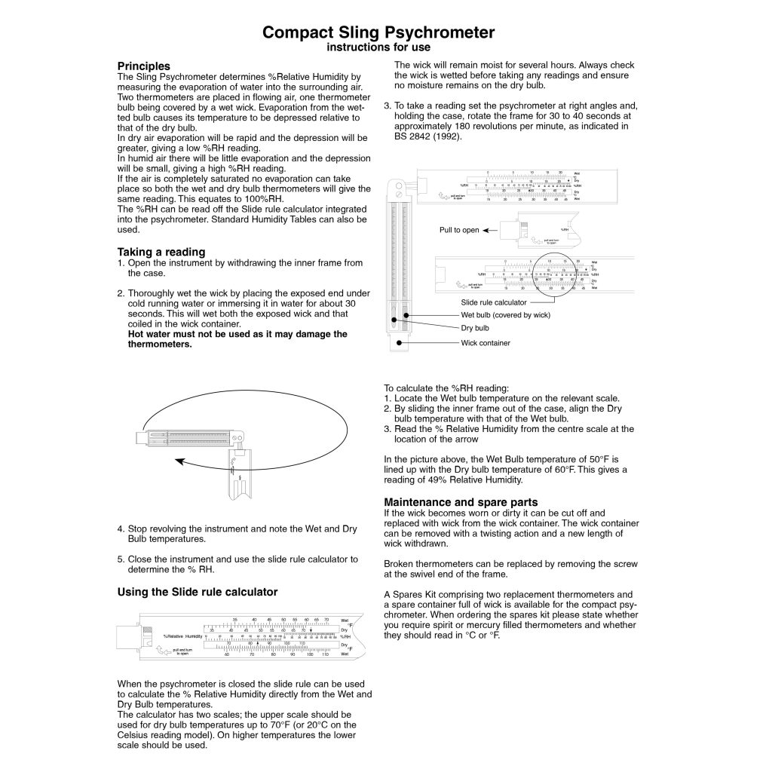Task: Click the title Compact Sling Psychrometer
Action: (x=378, y=32)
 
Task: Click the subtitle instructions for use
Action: (x=378, y=47)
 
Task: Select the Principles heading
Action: (x=143, y=66)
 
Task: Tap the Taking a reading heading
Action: (x=161, y=251)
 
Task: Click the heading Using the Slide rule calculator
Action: (x=198, y=592)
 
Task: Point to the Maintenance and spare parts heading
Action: (x=461, y=502)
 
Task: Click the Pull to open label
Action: (x=459, y=230)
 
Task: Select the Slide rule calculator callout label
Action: (x=493, y=302)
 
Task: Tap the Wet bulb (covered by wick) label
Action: (x=505, y=314)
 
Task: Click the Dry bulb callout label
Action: (x=475, y=328)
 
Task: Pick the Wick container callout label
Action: (x=486, y=342)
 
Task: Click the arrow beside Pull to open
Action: (x=494, y=230)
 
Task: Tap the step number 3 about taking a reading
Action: (x=388, y=106)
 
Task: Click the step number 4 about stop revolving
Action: (x=121, y=528)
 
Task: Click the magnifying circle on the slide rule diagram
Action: (x=559, y=277)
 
